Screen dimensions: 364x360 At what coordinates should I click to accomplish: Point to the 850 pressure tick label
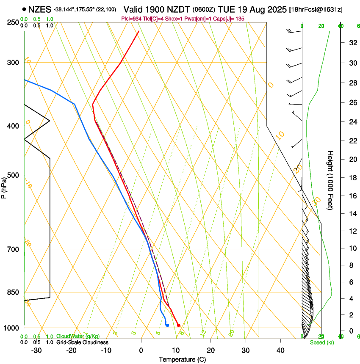[14, 292]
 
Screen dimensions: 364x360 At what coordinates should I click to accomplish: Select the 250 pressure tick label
[14, 22]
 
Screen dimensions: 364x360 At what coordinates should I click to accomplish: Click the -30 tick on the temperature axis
[36, 350]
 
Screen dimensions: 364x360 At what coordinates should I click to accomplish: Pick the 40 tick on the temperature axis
[280, 350]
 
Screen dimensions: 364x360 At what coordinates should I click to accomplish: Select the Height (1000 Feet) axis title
[331, 180]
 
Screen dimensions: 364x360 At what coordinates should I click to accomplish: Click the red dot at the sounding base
[179, 325]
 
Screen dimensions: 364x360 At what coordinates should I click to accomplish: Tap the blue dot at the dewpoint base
[168, 325]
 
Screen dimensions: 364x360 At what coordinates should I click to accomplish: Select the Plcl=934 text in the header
[131, 19]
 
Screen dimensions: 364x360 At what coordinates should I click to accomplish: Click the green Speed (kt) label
[322, 342]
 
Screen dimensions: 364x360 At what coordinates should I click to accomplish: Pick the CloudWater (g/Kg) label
[78, 336]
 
